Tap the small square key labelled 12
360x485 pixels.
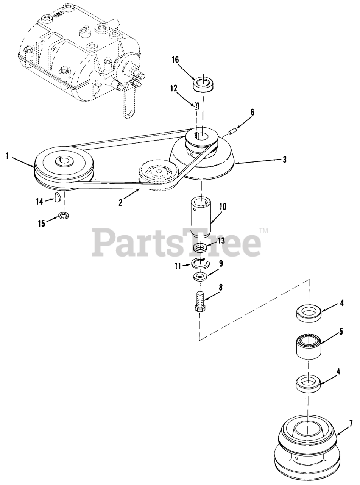point(197,105)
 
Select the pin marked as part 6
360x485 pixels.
point(233,131)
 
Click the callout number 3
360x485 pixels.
point(284,160)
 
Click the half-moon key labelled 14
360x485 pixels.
point(58,197)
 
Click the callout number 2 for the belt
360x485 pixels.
point(120,203)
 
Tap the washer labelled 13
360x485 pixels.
point(199,248)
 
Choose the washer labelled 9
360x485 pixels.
point(200,277)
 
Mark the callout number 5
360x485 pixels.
point(341,332)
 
